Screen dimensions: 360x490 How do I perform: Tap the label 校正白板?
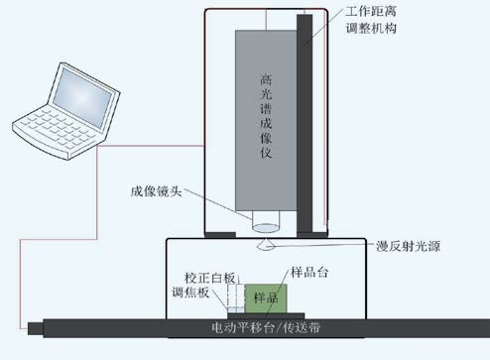[209, 277]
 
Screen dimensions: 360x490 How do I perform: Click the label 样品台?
[308, 270]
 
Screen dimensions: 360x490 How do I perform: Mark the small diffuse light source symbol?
[267, 240]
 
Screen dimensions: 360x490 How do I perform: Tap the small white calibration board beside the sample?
[236, 298]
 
